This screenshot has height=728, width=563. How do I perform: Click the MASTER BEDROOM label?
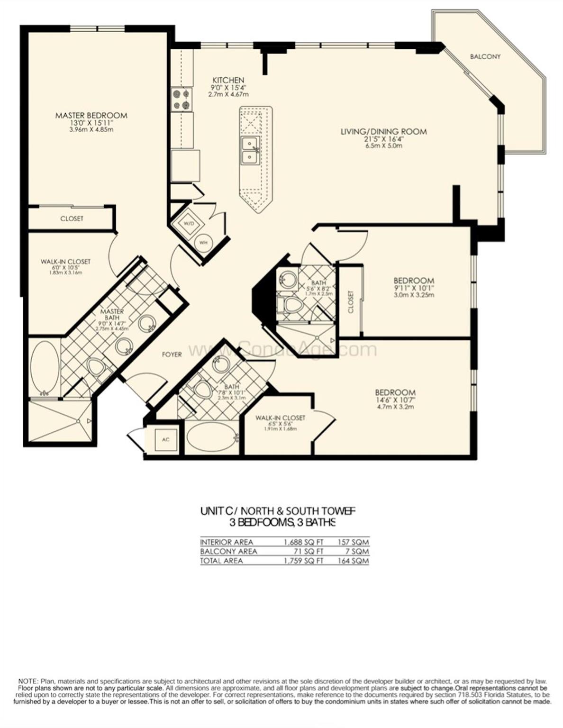coord(91,115)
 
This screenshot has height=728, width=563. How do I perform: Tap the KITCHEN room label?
coord(228,80)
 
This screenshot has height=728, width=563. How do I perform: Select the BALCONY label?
coord(485,56)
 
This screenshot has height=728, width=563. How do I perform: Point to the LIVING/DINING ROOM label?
coord(383,131)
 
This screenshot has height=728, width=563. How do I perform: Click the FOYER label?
coord(172,354)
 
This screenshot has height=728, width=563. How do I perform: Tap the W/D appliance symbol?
coord(188,223)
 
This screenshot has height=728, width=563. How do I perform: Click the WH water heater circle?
coord(204,243)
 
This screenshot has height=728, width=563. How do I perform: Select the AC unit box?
coord(165,439)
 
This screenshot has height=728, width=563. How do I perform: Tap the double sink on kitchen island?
coord(249,149)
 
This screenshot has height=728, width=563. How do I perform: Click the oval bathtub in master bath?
coord(45,367)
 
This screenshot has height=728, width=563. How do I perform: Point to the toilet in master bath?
coord(97,369)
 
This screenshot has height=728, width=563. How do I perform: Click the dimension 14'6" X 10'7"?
coord(395,400)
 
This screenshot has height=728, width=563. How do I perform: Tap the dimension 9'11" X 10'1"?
coord(413,288)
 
